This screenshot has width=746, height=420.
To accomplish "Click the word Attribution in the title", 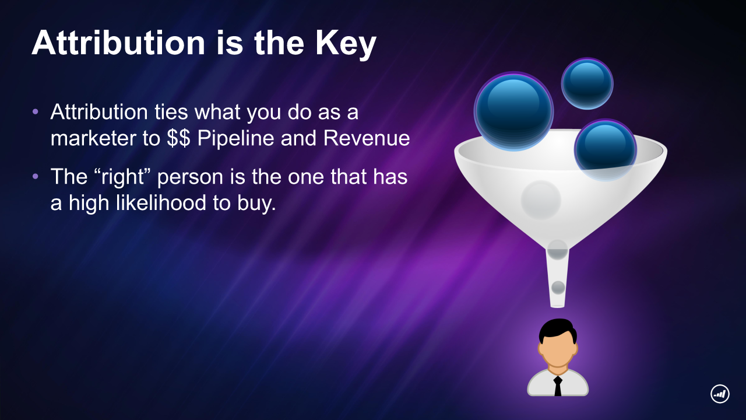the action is click(x=118, y=43).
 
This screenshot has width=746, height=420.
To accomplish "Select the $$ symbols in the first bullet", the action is click(x=178, y=138).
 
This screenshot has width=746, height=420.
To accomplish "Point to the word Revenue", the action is click(x=367, y=138).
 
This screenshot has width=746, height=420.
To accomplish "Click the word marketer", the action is click(x=93, y=138).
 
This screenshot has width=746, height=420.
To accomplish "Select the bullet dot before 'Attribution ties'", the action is click(x=36, y=111).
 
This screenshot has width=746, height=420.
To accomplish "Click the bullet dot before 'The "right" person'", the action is click(x=36, y=176).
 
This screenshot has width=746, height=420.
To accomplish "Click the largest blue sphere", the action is click(x=513, y=111).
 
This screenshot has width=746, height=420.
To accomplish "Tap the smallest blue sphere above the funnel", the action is click(x=587, y=83).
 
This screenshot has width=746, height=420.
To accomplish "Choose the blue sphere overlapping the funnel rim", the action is click(x=606, y=150).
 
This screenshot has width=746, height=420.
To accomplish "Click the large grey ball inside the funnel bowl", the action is click(x=541, y=200).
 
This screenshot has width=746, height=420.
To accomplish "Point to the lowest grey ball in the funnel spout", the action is click(x=558, y=288).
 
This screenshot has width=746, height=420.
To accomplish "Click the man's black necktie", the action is click(x=558, y=386).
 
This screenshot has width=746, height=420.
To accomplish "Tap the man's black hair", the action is click(x=558, y=330).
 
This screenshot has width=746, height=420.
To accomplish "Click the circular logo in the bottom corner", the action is click(x=720, y=394).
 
